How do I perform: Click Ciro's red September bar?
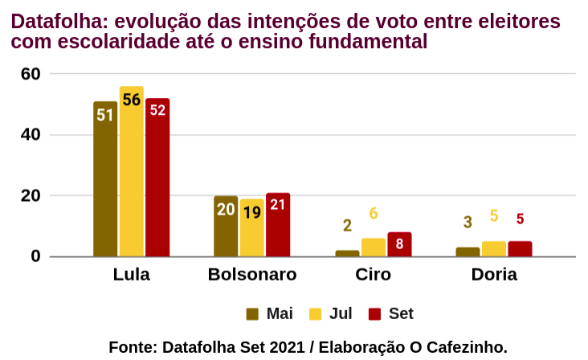pos(399,244)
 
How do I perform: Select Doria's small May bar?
pos(468,252)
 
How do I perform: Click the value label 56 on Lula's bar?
pos(131,100)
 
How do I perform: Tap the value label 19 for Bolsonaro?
pos(251,212)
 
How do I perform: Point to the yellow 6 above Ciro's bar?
pos(374,214)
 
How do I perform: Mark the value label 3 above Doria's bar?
pos(468,222)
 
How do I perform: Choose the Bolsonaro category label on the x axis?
pos(252,275)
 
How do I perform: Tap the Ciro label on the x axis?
pos(374,275)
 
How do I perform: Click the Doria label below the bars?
pos(494,275)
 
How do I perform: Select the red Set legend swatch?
pos(374,313)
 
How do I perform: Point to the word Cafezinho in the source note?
pos(466,347)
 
